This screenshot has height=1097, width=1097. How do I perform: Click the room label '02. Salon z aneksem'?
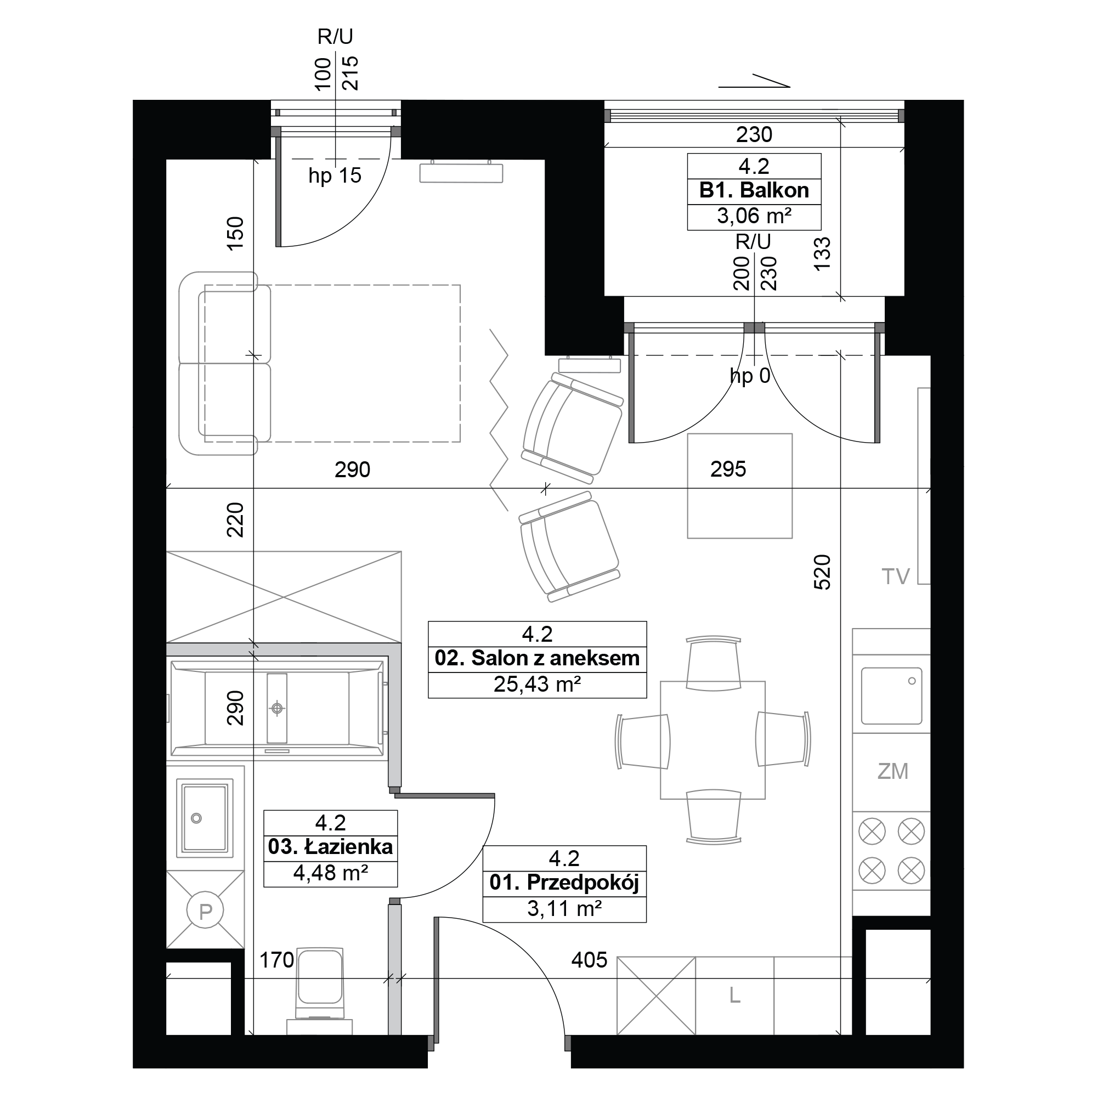coord(536,659)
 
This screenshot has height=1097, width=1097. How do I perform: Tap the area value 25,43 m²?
coord(536,684)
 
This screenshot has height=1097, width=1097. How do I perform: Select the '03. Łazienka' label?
coord(330,847)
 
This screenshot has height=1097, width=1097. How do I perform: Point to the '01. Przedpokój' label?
coord(564,883)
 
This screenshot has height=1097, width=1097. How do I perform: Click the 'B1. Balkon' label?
coord(754,190)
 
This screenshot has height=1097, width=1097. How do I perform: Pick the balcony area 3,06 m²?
coord(754,216)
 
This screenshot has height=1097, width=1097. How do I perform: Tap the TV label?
coord(896,577)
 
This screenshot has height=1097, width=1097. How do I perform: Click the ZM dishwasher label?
coord(892,772)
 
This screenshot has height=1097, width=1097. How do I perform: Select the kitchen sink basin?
coord(891,695)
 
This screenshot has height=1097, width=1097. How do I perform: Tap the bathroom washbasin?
coord(205,818)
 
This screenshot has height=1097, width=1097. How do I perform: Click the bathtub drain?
coord(277,708)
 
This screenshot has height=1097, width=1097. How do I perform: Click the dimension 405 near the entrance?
coord(590,960)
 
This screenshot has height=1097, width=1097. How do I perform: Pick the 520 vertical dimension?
coord(822,572)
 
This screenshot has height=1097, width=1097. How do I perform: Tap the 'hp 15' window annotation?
coord(335,176)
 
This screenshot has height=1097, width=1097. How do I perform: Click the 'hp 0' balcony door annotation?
coord(749,376)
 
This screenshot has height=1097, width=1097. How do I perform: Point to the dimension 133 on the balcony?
coord(822,253)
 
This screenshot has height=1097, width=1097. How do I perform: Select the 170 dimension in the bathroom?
coord(276,960)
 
